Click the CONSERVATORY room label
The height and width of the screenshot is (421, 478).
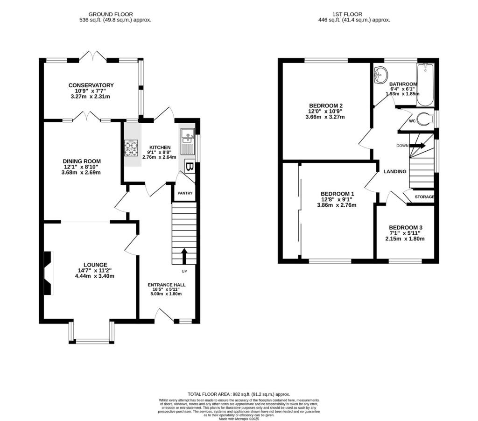(91, 85)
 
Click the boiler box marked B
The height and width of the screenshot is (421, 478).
(190, 167)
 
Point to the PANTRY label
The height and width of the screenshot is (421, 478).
(184, 193)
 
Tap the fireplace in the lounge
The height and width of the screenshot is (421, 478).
(48, 273)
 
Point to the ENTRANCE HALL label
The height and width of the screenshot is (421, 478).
(167, 285)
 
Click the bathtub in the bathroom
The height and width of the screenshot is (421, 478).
(425, 85)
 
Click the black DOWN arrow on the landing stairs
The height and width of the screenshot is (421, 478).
(418, 146)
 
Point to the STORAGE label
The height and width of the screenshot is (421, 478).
(425, 197)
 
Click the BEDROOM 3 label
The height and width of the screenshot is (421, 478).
(405, 227)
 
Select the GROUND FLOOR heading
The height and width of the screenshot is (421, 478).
(115, 14)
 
